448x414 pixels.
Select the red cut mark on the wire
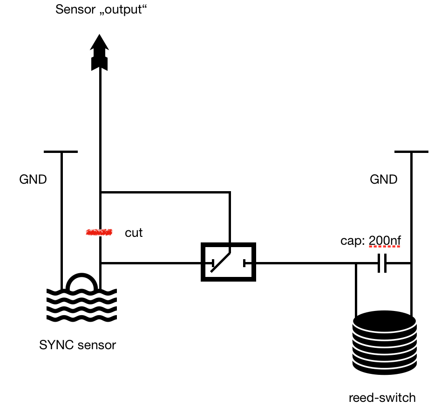[100, 232]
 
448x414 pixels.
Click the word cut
[134, 233]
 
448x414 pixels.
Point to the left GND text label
[33, 179]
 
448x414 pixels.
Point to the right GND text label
[383, 179]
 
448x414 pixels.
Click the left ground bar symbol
[61, 152]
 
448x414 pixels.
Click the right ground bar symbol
[411, 152]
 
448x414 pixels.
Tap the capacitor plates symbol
[382, 263]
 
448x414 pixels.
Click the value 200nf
[385, 241]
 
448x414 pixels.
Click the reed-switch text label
[382, 398]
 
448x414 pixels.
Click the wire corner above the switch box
[230, 192]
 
